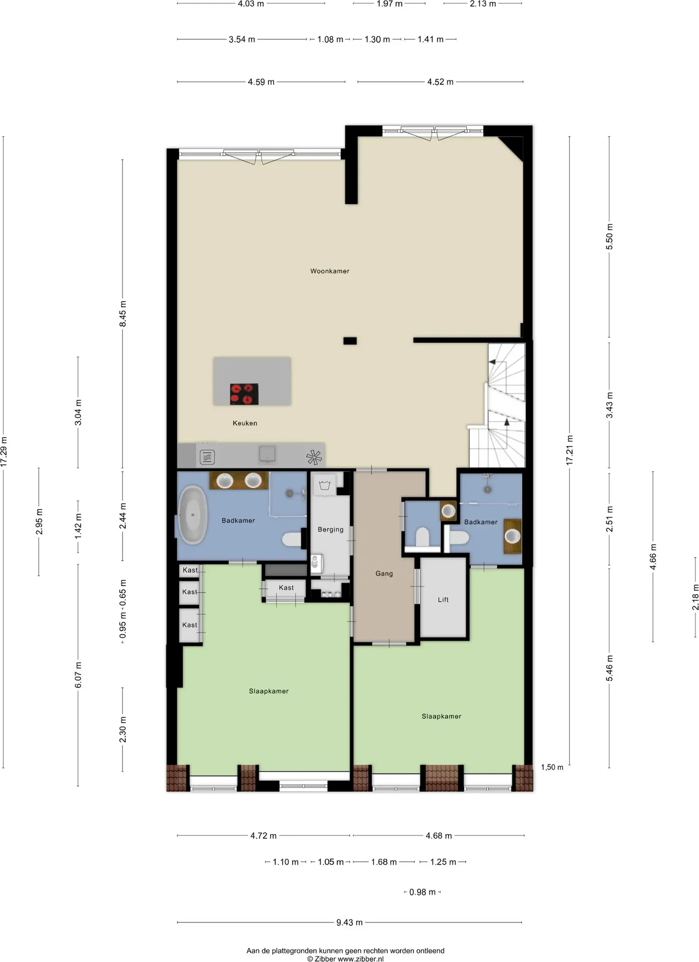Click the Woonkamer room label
point(330,271)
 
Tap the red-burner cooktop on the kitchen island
point(244,394)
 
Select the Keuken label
point(245,423)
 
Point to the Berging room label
point(331,530)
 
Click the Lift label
point(443,600)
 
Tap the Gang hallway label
point(384,574)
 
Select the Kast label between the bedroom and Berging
point(287,588)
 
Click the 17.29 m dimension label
point(4,452)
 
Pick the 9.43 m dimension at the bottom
point(349,922)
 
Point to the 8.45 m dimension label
point(123,314)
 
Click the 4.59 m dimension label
point(261,82)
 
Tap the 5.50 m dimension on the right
point(609,236)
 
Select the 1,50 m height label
point(552,767)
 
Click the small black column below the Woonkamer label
point(350,341)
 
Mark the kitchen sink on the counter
point(268,454)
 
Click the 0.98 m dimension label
point(422,892)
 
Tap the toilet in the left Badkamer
point(294,539)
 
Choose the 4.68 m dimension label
point(438,836)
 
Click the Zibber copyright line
point(345,959)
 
